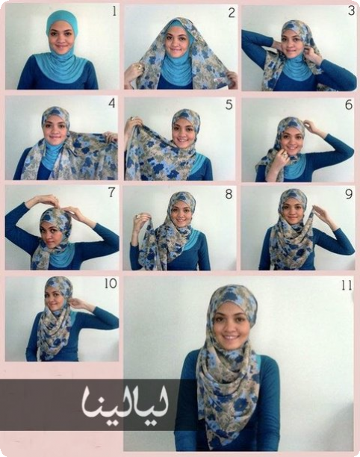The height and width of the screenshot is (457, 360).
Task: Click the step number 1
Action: click(114, 12)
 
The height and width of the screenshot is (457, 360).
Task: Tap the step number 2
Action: click(231, 13)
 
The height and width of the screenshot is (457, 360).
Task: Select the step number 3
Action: click(351, 10)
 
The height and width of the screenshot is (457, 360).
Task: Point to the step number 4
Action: click(111, 103)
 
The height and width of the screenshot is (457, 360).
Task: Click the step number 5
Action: click(229, 105)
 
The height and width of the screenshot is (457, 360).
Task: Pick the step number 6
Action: click(349, 105)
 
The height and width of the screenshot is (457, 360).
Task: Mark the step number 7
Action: click(111, 192)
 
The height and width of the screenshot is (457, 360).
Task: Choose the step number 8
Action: click(229, 194)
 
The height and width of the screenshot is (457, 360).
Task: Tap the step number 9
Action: click(349, 194)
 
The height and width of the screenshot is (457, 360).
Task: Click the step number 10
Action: click(111, 283)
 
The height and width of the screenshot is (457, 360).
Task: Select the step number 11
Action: click(347, 285)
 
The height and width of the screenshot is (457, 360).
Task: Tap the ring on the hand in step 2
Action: click(139, 67)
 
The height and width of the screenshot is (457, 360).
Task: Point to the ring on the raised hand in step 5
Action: click(132, 119)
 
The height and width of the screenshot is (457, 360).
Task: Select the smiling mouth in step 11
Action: click(231, 338)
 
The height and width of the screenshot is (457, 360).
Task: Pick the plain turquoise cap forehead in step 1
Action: click(61, 18)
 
